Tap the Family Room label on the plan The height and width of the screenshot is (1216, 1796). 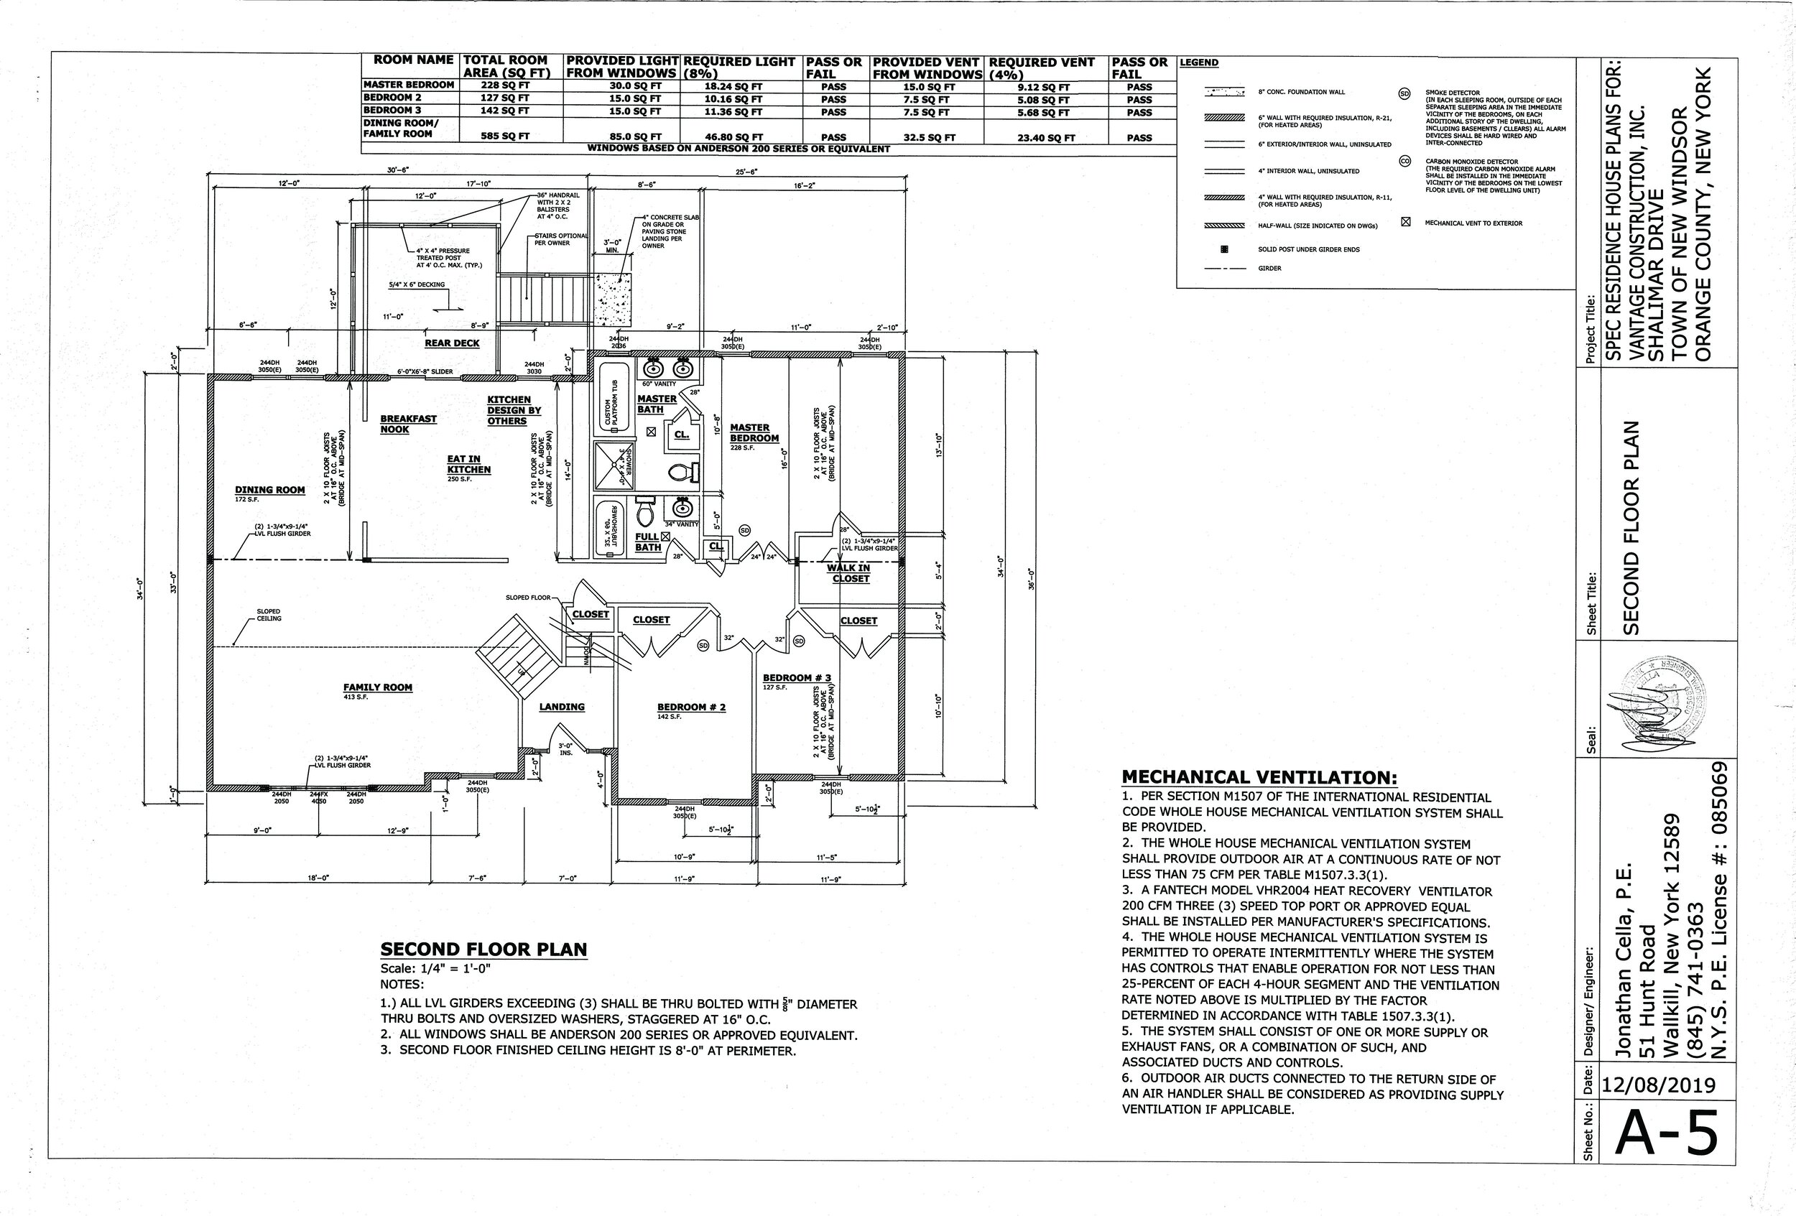point(378,687)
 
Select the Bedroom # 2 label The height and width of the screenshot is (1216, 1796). point(691,707)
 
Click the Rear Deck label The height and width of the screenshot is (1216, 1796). point(452,343)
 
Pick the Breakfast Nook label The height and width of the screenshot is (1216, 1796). point(407,423)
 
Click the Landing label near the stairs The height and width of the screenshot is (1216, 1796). point(562,707)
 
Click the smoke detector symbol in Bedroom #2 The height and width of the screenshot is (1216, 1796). point(703,645)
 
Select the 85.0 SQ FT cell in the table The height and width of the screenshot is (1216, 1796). point(634,137)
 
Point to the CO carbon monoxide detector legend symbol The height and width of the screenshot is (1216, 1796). point(1406,162)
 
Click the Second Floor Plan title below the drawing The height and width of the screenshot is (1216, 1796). point(483,950)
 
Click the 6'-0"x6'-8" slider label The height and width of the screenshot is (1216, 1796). point(425,371)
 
